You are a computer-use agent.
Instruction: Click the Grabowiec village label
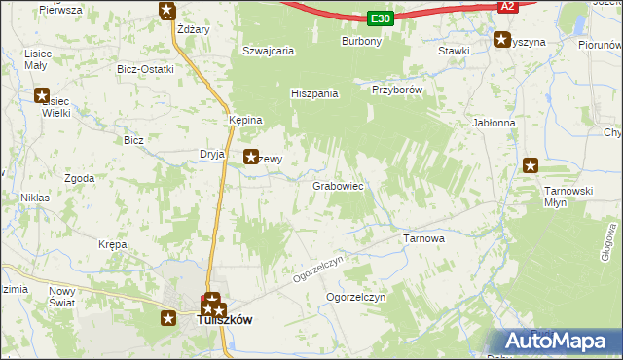click(338, 185)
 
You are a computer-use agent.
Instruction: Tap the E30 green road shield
click(381, 18)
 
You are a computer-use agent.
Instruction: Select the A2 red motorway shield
click(506, 6)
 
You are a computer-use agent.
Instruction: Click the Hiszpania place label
click(314, 93)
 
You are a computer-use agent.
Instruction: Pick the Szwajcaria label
click(268, 52)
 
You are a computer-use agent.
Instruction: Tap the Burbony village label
click(361, 42)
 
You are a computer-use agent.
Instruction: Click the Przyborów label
click(396, 89)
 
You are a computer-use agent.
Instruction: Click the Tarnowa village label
click(423, 237)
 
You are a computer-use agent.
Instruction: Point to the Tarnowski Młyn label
click(568, 197)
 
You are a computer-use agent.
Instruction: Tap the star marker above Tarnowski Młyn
click(531, 165)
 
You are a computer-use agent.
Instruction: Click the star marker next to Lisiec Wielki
click(42, 95)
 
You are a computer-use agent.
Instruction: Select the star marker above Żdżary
click(167, 11)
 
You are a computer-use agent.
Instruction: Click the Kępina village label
click(245, 120)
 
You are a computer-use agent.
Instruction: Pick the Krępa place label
click(113, 245)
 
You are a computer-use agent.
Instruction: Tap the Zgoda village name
click(79, 179)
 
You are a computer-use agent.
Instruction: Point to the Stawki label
click(455, 51)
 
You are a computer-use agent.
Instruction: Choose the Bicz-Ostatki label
click(144, 69)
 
